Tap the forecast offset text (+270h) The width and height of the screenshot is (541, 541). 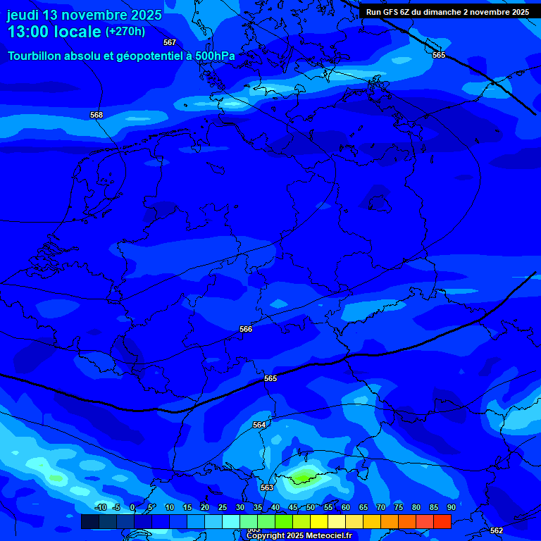pos(125,32)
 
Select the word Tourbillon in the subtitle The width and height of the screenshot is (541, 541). pos(36,56)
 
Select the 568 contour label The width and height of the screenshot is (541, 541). pos(97,115)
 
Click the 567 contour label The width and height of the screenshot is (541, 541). pos(170,42)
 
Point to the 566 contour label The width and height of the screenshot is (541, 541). pos(246,329)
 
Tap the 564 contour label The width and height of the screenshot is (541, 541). pos(259,425)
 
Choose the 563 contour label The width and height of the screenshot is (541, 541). pos(267,487)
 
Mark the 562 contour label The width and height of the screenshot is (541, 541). pos(497,530)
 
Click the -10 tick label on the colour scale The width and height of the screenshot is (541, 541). pos(100,507)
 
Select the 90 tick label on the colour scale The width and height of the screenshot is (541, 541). pos(451,507)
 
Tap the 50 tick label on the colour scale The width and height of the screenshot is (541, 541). pos(311,507)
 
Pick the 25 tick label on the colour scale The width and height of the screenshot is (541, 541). pos(223,507)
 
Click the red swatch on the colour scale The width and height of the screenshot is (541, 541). pos(442,521)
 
